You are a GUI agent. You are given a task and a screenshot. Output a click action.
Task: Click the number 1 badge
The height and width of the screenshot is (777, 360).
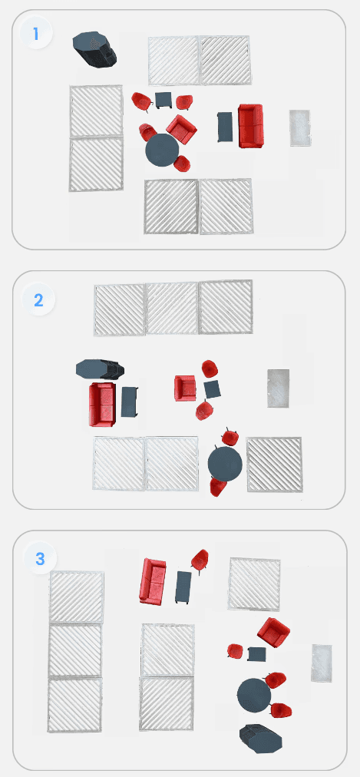pyautogui.click(x=35, y=34)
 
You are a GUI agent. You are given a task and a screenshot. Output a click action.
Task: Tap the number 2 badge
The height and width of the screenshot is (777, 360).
pyautogui.click(x=38, y=299)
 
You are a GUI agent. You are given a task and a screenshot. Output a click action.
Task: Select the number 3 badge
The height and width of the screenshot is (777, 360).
pyautogui.click(x=40, y=558)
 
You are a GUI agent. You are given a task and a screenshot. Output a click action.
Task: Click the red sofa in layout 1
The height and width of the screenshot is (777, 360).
pyautogui.click(x=250, y=126)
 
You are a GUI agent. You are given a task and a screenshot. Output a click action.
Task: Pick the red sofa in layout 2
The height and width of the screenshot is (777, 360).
pyautogui.click(x=103, y=404)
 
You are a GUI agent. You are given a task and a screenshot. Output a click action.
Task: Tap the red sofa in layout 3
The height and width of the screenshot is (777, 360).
pyautogui.click(x=153, y=581)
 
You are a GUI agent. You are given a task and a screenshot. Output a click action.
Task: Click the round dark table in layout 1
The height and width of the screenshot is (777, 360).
pyautogui.click(x=163, y=150)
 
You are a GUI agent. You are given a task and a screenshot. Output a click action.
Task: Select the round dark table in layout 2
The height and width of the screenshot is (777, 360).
pyautogui.click(x=225, y=463)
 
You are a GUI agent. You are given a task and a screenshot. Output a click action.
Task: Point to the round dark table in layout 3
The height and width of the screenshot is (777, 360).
pyautogui.click(x=254, y=696)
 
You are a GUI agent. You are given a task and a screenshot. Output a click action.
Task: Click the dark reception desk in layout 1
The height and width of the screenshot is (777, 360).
pyautogui.click(x=94, y=50)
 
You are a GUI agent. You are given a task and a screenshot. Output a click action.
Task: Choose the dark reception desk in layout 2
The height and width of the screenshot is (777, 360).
pyautogui.click(x=100, y=369)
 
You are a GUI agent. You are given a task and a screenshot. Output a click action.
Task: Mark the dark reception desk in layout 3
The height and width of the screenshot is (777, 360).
pyautogui.click(x=261, y=739)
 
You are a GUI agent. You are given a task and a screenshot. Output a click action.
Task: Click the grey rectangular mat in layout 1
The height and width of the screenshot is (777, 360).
pyautogui.click(x=300, y=128)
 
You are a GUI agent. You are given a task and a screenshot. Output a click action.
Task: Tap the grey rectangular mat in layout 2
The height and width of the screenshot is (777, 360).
pyautogui.click(x=279, y=388)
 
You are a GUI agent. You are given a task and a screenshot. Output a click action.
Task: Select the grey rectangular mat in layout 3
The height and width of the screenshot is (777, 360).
pyautogui.click(x=322, y=663)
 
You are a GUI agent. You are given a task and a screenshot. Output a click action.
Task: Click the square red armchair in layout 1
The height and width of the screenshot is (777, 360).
pyautogui.click(x=181, y=129)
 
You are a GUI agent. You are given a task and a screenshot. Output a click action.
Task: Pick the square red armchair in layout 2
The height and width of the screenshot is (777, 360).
pyautogui.click(x=185, y=388)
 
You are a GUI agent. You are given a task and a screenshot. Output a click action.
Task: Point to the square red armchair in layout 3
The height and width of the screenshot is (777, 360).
pyautogui.click(x=274, y=633)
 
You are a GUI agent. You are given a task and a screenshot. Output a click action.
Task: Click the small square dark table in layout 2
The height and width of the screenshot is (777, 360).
pyautogui.click(x=213, y=389)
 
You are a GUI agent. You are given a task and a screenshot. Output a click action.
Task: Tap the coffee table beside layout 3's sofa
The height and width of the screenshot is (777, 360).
pyautogui.click(x=183, y=587)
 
